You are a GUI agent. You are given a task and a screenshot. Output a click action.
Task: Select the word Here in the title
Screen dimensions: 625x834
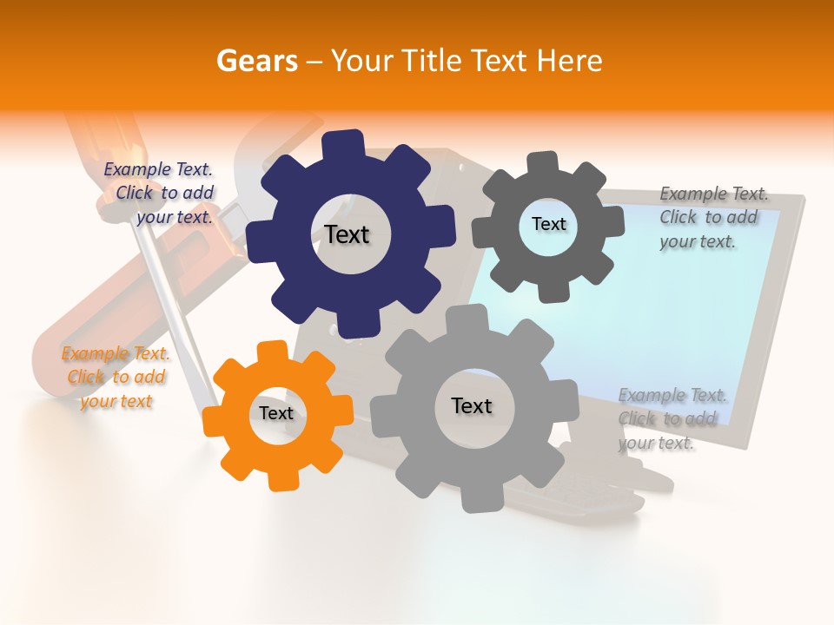point(569,61)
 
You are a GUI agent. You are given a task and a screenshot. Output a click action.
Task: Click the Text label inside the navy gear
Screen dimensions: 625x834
point(347,234)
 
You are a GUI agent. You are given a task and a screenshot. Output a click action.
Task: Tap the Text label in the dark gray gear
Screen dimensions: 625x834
point(548,224)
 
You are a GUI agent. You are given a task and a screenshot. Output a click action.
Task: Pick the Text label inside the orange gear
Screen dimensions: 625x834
point(276,413)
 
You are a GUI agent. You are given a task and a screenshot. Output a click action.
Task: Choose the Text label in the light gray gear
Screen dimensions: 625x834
point(472,405)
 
